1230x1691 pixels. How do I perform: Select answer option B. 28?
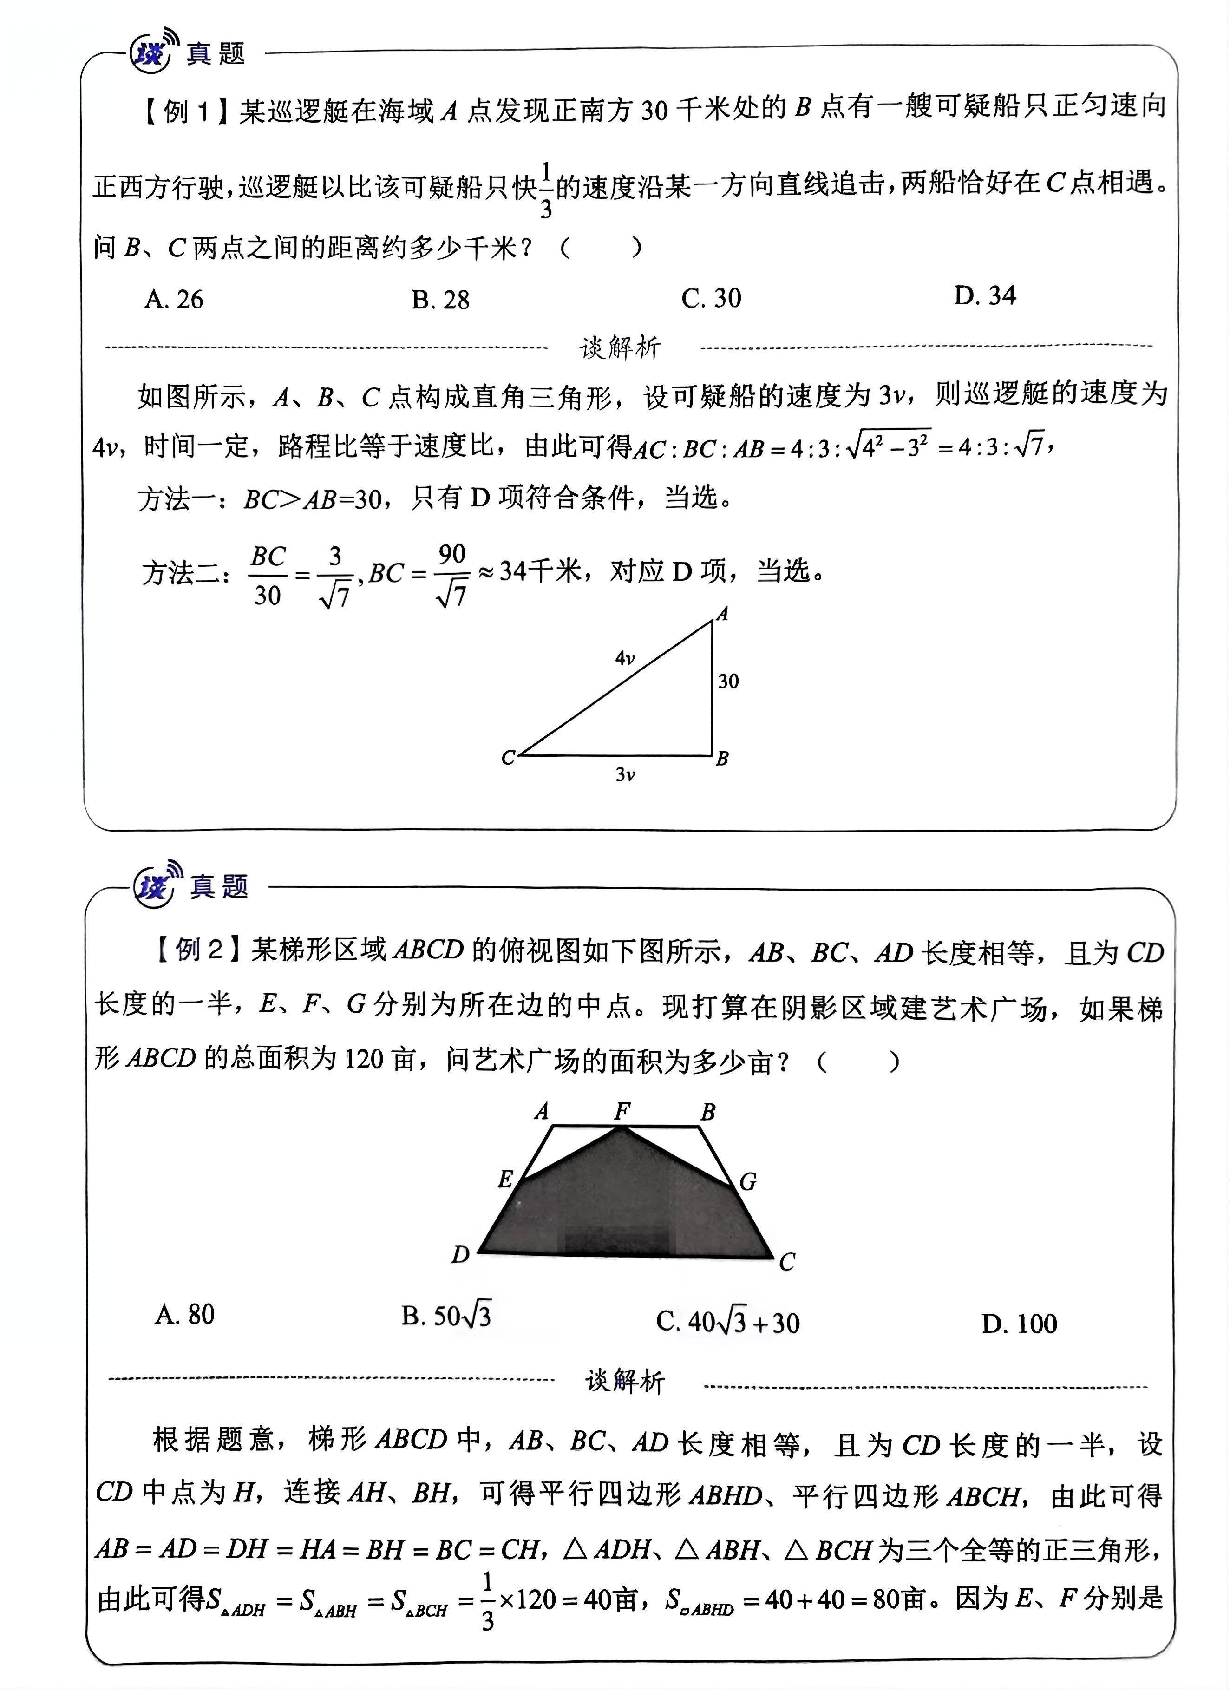click(440, 300)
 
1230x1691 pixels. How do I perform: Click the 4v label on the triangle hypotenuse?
click(625, 658)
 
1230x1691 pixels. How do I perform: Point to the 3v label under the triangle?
click(625, 775)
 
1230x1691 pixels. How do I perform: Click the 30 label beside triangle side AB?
click(728, 681)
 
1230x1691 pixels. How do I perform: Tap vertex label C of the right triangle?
click(508, 758)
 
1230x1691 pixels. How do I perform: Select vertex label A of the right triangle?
click(721, 614)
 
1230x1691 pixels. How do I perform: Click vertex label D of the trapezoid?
click(461, 1255)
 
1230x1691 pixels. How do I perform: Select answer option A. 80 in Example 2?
click(185, 1315)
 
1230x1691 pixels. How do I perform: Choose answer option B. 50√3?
click(446, 1316)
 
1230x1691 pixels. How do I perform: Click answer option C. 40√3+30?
click(727, 1323)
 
